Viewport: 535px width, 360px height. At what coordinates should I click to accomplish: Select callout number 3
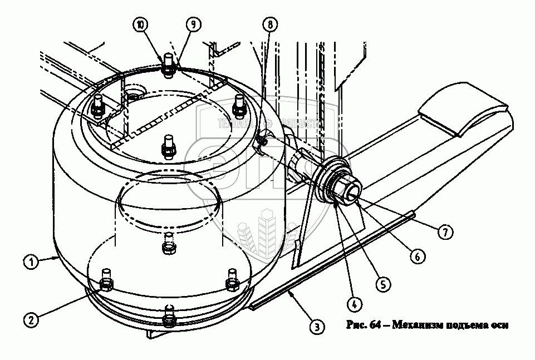[x=316, y=327]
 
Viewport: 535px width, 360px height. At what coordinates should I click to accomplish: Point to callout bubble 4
[x=352, y=304]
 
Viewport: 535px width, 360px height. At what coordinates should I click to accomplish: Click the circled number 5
[x=382, y=284]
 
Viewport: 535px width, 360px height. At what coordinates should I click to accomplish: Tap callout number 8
[x=270, y=24]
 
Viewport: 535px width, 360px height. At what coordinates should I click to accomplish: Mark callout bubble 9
[x=192, y=24]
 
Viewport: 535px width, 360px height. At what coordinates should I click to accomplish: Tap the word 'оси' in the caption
[x=499, y=326]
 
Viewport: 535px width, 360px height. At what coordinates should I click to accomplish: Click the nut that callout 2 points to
[x=106, y=284]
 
